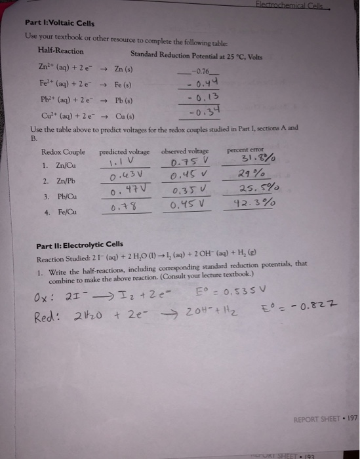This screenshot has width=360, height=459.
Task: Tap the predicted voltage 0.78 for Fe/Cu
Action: [122, 207]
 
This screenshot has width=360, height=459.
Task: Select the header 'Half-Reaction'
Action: [61, 50]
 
